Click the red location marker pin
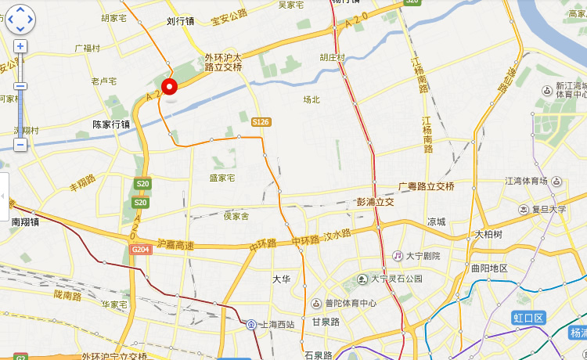click(169, 86)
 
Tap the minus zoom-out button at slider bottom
click(20, 145)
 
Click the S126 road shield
click(261, 122)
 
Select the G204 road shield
click(141, 249)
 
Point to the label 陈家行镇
click(111, 124)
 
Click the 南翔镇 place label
click(25, 221)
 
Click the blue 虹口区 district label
click(528, 317)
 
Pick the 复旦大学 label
click(547, 210)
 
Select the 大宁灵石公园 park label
click(396, 279)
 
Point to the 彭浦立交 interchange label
click(375, 202)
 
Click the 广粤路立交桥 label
click(426, 186)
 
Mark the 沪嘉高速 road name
click(175, 245)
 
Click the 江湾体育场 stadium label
click(526, 182)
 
